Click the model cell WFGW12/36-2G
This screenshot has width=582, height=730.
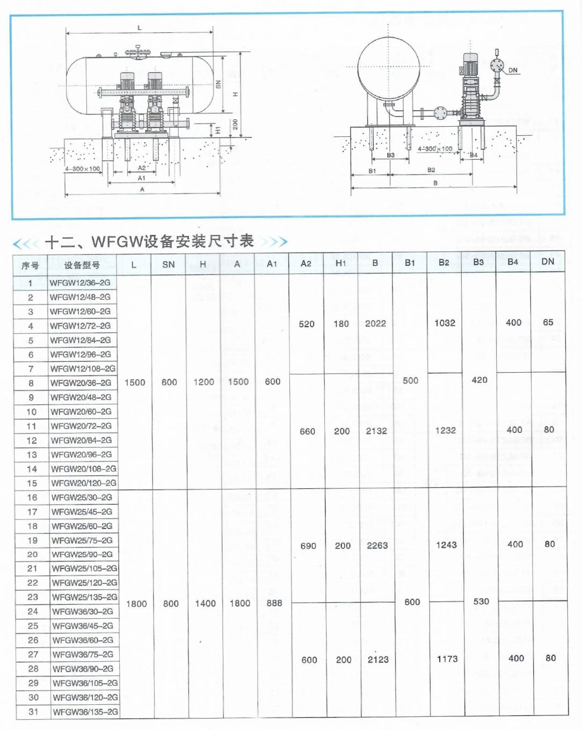(80, 283)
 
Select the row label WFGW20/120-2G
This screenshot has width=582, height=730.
(83, 483)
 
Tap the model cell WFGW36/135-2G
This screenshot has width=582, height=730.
(85, 712)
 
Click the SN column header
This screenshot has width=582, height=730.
(169, 264)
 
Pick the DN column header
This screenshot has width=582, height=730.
(548, 262)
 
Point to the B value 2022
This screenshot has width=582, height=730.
(375, 323)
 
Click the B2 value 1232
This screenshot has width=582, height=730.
(445, 430)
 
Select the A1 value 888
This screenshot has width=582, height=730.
(274, 603)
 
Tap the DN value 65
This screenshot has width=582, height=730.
(548, 322)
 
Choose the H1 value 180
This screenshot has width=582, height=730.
(341, 323)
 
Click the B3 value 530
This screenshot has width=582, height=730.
(481, 602)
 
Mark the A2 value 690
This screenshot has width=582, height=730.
(308, 546)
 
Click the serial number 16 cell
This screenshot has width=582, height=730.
(32, 497)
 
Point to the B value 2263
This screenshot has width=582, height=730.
(377, 545)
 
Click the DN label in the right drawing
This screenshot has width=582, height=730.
(513, 70)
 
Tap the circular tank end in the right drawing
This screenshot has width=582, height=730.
(388, 67)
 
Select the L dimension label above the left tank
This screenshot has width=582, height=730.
(140, 28)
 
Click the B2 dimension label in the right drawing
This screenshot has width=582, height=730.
(431, 170)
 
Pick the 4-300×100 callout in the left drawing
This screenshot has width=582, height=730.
(83, 169)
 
